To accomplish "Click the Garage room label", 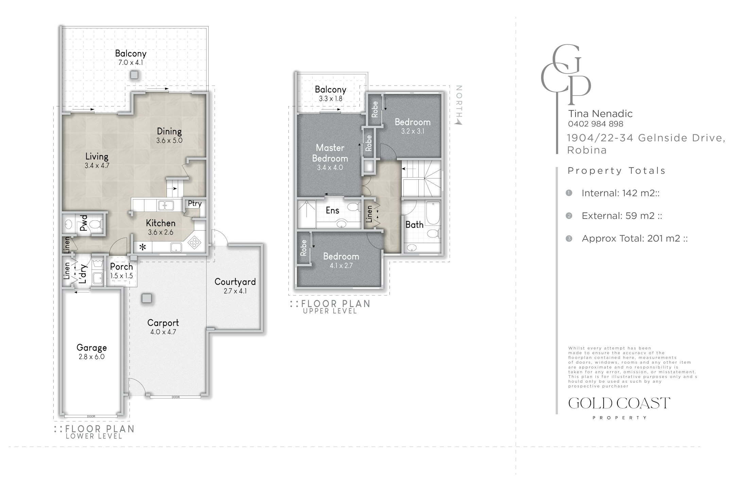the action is pos(91,347).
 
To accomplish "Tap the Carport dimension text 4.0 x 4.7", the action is pos(163,332).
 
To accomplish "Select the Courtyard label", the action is pos(235,282).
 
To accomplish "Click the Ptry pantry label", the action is pos(195,203).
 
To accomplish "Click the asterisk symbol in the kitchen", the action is pos(143,247).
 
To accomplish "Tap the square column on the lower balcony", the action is pos(135,75).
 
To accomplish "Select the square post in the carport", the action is pos(147,298).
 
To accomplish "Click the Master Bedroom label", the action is pos(330,153).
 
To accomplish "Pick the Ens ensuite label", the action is pos(332,211).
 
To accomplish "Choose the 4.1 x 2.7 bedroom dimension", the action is pos(341,266).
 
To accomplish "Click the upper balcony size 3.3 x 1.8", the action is pos(331,99).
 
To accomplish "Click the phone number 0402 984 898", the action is pos(596,124).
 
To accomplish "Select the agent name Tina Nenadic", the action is pos(600,113).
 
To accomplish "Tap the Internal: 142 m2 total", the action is pos(621,193).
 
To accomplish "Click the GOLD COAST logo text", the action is pos(619,403).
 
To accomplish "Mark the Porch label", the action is pos(121,267).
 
